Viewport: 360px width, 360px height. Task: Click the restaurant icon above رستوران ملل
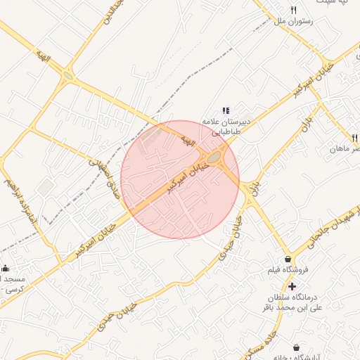pyautogui.click(x=294, y=10)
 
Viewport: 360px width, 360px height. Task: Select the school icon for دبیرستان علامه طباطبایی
pyautogui.click(x=226, y=110)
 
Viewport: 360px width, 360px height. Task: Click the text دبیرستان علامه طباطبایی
pyautogui.click(x=224, y=125)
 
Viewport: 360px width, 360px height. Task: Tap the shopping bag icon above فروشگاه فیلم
pyautogui.click(x=288, y=259)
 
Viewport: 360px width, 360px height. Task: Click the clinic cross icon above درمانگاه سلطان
pyautogui.click(x=292, y=286)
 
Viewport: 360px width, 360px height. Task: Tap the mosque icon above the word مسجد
pyautogui.click(x=6, y=268)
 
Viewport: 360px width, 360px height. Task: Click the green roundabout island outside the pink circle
pyautogui.click(x=68, y=75)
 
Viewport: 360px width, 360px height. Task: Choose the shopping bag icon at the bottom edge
pyautogui.click(x=297, y=347)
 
